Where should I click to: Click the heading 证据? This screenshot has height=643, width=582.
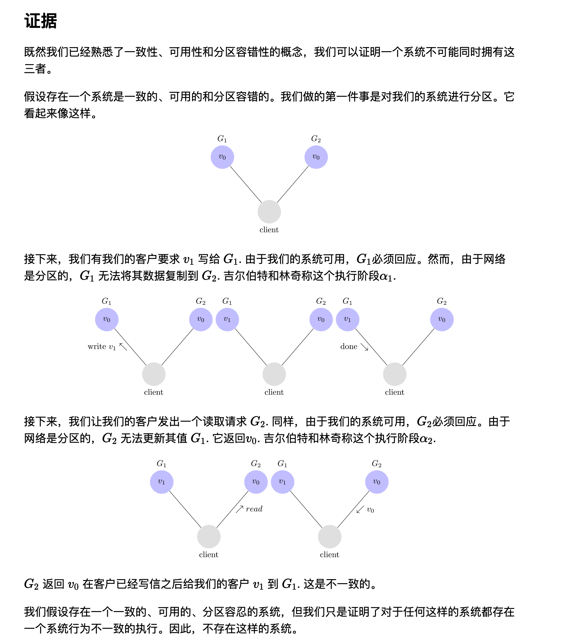pos(41,21)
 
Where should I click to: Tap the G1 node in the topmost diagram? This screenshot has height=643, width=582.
pos(222,157)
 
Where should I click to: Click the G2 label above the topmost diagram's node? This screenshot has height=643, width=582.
pos(316,139)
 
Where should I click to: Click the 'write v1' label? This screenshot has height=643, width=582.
pos(101,347)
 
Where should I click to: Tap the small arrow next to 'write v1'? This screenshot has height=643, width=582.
pos(123,346)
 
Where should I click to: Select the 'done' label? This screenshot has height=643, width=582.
pos(349,346)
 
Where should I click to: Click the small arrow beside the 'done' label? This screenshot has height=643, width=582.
pos(364,347)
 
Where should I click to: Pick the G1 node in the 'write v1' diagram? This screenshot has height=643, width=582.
pos(107,319)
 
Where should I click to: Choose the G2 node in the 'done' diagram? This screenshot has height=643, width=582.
pos(442,319)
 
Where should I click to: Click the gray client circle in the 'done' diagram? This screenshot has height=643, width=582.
pos(395,374)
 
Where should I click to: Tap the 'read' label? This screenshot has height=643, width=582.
pos(254,509)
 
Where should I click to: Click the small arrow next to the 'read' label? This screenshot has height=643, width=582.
pos(240,509)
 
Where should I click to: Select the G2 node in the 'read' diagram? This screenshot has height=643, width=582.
pos(256,481)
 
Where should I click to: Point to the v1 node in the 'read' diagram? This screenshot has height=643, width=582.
pos(162,481)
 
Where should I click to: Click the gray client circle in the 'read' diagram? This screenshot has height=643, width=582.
pos(209,536)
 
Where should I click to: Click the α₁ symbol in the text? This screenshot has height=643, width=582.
pos(386,276)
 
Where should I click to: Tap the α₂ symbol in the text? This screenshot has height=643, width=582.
pos(426,439)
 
